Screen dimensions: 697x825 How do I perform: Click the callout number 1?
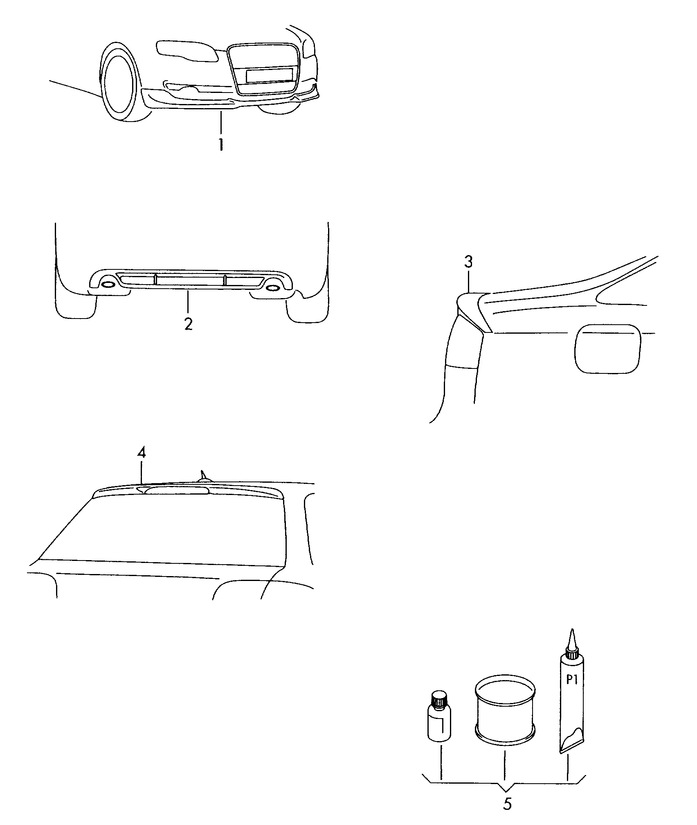click(x=221, y=145)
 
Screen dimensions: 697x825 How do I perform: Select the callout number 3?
click(x=469, y=262)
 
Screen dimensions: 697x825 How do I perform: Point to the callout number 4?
click(x=141, y=452)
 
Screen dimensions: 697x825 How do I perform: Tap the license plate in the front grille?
click(x=269, y=76)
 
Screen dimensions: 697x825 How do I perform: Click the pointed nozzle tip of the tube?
click(x=573, y=631)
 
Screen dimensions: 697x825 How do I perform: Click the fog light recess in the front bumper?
click(x=180, y=86)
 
